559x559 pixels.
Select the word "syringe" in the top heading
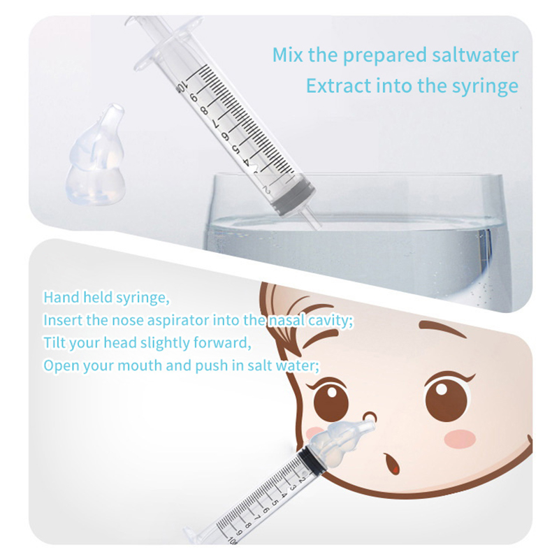[485, 87]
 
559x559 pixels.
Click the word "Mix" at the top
[288, 55]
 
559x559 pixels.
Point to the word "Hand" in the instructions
[61, 297]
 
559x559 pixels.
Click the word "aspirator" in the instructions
[178, 321]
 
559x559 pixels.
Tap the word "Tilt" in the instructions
[55, 342]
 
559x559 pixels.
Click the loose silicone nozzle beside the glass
[94, 155]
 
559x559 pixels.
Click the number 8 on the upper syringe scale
[204, 111]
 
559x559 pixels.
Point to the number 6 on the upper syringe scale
[225, 136]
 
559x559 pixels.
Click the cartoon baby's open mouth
[393, 463]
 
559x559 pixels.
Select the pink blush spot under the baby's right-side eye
[461, 437]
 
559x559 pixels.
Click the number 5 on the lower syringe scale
[275, 502]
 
